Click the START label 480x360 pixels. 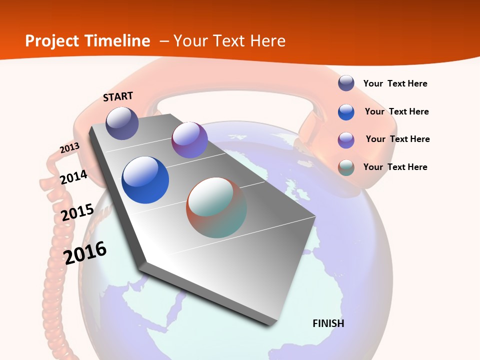pyautogui.click(x=118, y=96)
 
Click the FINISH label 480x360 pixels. pyautogui.click(x=328, y=323)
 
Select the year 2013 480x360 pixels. pyautogui.click(x=69, y=148)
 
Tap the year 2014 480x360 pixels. pyautogui.click(x=73, y=177)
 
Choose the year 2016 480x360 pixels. pyautogui.click(x=85, y=253)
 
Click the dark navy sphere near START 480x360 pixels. pyautogui.click(x=122, y=123)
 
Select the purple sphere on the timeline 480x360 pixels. pyautogui.click(x=189, y=140)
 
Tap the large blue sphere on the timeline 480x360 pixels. pyautogui.click(x=145, y=180)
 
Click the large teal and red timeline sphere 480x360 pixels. pyautogui.click(x=216, y=207)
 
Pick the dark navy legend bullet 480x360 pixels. pyautogui.click(x=346, y=83)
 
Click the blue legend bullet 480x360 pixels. pyautogui.click(x=346, y=112)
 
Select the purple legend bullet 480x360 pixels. pyautogui.click(x=346, y=140)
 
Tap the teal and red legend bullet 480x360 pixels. pyautogui.click(x=346, y=167)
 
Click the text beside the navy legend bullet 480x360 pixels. pyautogui.click(x=395, y=83)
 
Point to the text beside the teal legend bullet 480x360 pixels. pyautogui.click(x=395, y=167)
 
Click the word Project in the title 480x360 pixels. pyautogui.click(x=51, y=41)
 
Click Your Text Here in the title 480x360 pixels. pyautogui.click(x=229, y=41)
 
